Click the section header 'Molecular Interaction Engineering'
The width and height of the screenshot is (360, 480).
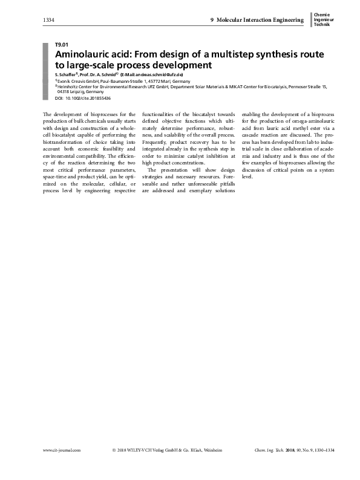click(x=260, y=21)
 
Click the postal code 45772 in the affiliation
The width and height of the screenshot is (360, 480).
click(x=159, y=80)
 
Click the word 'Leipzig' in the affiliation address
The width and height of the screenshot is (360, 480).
click(x=76, y=92)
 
